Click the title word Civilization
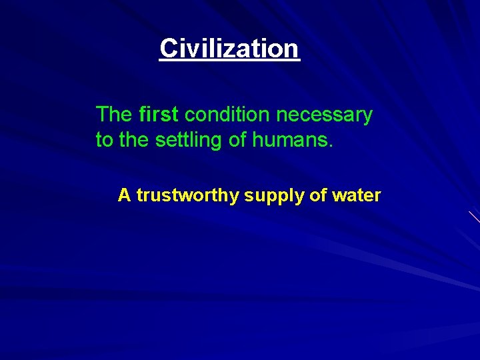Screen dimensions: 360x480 coord(229,48)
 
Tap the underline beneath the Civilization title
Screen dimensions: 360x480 coord(229,61)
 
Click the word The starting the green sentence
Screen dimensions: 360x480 coord(114,115)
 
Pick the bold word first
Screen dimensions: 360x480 coord(158,115)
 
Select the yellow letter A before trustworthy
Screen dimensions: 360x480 coord(124,195)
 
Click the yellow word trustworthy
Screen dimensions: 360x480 coord(187,196)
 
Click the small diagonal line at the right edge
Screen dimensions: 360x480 coord(474,216)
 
